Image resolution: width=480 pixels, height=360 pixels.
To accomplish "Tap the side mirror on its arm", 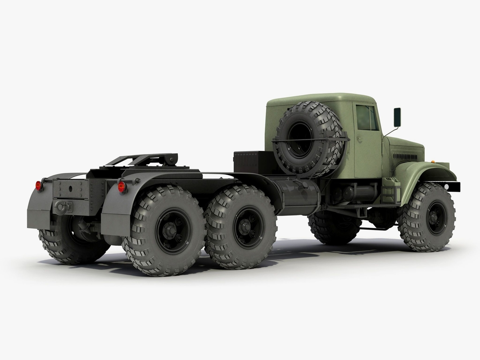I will (397, 117).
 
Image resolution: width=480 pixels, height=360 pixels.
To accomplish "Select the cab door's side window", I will (367, 117).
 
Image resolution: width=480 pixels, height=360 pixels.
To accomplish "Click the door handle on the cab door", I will (359, 140).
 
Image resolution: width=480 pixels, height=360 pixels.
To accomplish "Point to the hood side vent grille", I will (405, 156).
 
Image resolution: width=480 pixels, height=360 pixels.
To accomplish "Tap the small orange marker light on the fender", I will (433, 161).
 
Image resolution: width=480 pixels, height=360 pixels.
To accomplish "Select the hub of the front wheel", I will (435, 217).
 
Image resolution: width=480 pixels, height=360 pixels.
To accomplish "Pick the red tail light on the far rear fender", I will (39, 185).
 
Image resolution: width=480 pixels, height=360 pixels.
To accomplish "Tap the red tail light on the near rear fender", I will (122, 187).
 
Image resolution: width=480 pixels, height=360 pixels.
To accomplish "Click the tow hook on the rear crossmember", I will (63, 207).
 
